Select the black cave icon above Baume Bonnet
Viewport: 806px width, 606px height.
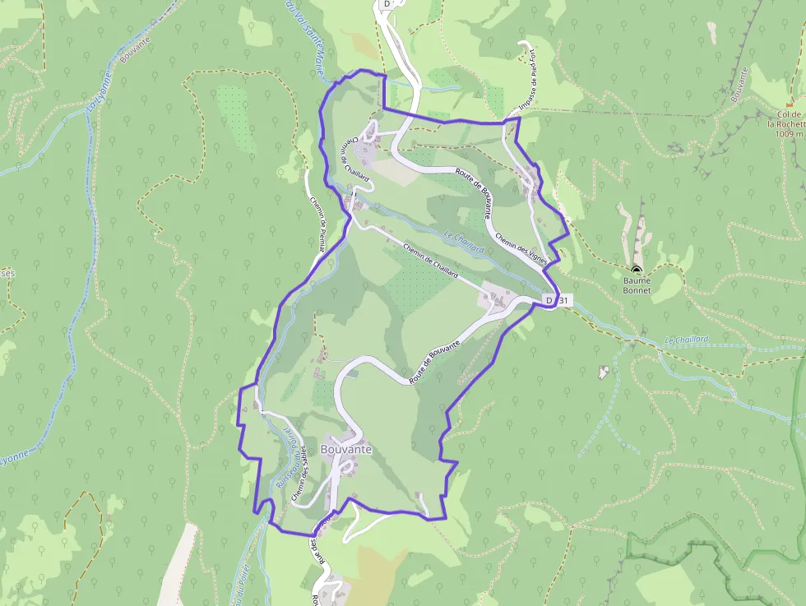(x=636, y=270)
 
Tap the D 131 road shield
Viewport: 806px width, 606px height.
(x=557, y=301)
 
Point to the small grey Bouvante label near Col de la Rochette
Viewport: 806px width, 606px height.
(x=739, y=84)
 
